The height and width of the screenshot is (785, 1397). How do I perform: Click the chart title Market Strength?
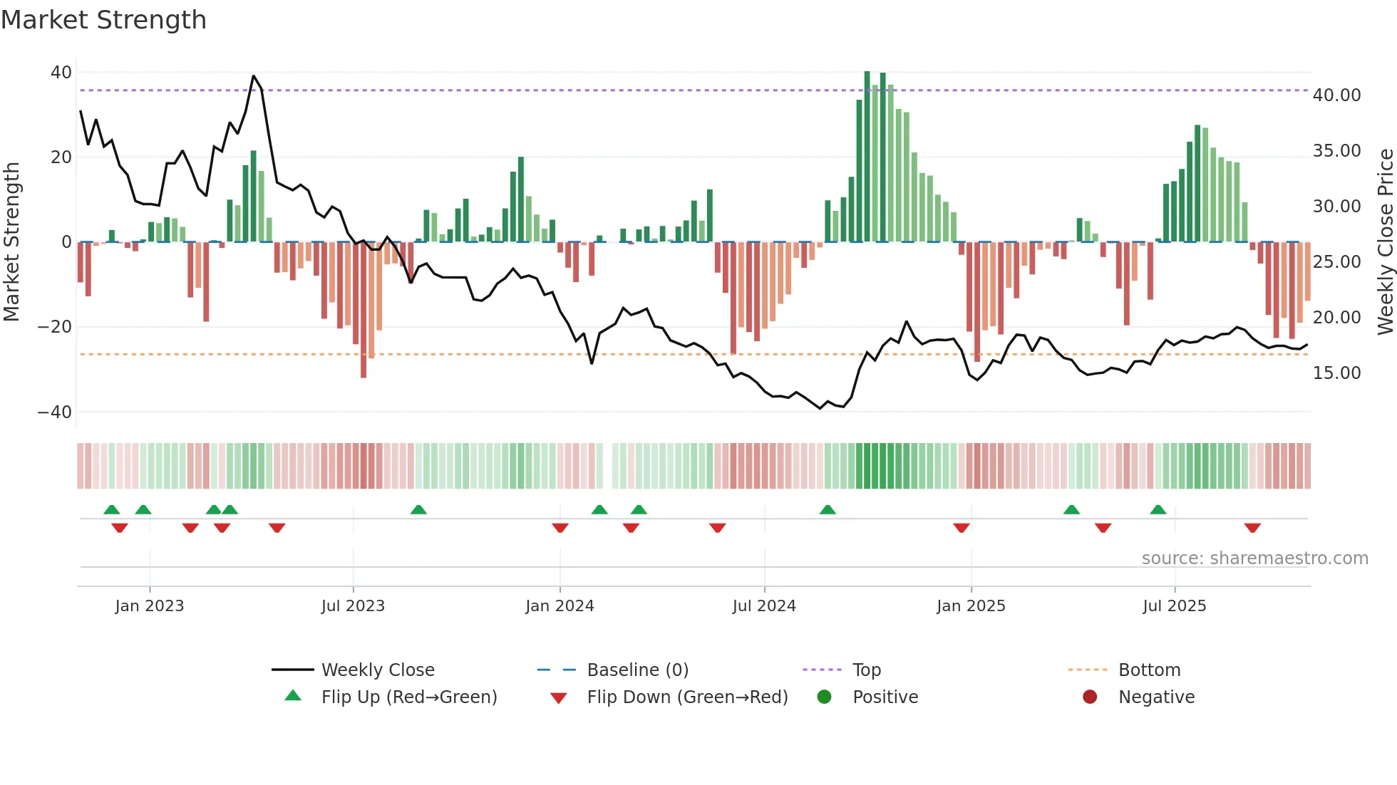point(103,20)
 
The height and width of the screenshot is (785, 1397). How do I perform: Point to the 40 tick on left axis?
point(61,72)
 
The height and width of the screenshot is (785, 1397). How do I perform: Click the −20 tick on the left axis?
point(54,327)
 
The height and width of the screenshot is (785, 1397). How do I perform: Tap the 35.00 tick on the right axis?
point(1336,151)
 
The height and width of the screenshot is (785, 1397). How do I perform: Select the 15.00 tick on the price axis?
point(1336,373)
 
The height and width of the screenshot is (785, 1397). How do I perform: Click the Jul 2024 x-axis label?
point(764,606)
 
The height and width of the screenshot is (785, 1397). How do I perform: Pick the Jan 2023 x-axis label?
point(150,606)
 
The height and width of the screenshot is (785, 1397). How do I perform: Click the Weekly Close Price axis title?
point(1385,242)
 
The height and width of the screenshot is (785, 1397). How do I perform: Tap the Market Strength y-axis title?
point(11,242)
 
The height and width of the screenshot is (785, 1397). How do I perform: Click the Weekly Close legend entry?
point(378,670)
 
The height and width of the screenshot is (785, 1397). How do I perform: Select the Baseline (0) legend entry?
point(637,670)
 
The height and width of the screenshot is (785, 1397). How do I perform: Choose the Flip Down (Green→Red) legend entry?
point(687,697)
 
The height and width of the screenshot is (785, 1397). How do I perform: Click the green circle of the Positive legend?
point(825,697)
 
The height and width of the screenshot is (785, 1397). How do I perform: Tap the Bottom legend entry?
point(1149,670)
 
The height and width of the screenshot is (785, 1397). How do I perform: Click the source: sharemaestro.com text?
point(1254,558)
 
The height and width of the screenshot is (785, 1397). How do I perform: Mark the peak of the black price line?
point(254,76)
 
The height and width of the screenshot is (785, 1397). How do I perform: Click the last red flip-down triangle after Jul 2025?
point(1252,528)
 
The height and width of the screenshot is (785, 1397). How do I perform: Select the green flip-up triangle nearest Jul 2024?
point(828,510)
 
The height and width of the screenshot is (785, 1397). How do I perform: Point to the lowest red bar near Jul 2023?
point(364,375)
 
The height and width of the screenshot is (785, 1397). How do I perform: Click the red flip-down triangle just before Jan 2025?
point(962,528)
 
